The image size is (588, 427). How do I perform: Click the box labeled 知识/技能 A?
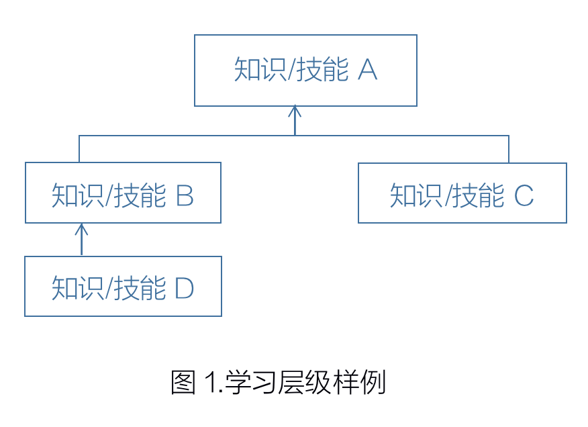[x=305, y=70]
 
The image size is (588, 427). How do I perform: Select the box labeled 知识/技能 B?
[x=123, y=193]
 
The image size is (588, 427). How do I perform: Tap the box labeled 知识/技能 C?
[x=462, y=193]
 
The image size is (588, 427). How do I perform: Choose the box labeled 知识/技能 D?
[x=123, y=286]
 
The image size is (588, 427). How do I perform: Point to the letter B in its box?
[x=185, y=196]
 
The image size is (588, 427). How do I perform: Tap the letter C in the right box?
[x=524, y=196]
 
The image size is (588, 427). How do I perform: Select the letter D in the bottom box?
[x=185, y=289]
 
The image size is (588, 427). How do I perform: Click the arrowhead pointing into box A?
[x=295, y=110]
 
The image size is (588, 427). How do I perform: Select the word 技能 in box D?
[x=140, y=289]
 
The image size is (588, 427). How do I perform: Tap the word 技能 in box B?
[x=140, y=196]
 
